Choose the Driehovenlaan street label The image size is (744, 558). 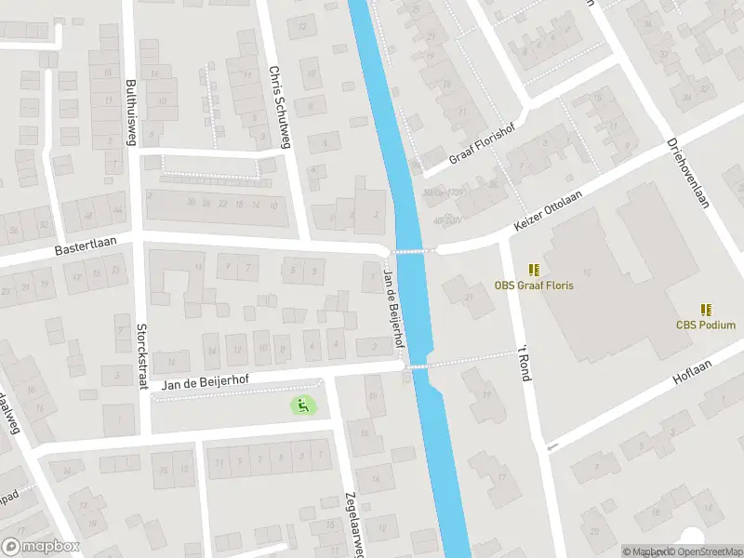point(687,174)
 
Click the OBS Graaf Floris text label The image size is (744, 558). point(534,286)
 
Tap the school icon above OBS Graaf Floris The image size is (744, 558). point(534,269)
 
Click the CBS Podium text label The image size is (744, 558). point(705,325)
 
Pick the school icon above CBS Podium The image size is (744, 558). point(706,309)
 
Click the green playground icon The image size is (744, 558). point(301,405)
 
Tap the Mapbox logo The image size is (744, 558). point(41,547)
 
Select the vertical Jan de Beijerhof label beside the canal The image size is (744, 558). point(394,307)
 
